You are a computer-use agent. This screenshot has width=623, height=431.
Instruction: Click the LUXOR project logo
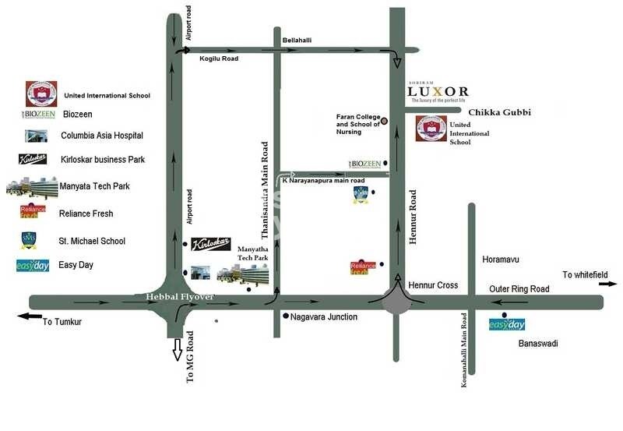coord(438,92)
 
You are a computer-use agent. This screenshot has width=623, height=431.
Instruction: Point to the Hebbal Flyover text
coord(180,297)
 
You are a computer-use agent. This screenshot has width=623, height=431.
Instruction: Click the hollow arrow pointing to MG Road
coord(176,345)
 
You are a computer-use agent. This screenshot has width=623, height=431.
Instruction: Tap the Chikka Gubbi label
coord(499,112)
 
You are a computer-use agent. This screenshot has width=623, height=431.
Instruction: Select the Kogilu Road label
coord(219,58)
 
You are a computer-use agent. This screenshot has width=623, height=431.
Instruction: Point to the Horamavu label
coord(500,258)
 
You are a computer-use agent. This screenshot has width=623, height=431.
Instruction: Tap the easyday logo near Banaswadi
coord(506,324)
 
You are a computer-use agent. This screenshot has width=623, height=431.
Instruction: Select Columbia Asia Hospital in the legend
coord(102,136)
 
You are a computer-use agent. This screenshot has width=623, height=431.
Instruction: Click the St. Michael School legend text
coord(92,242)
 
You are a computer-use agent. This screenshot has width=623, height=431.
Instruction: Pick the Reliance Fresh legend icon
coord(33,211)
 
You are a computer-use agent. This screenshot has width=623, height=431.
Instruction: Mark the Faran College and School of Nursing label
coord(357,125)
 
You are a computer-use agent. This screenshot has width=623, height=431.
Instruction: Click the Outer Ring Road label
coord(519,289)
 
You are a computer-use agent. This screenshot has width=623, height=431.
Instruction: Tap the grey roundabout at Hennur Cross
coord(397,300)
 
